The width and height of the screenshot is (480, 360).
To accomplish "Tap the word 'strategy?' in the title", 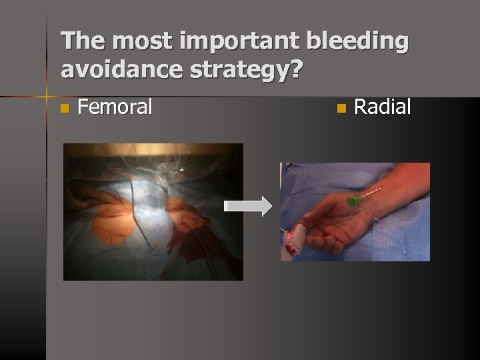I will point(251,69).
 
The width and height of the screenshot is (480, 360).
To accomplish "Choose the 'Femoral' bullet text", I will point(115,107).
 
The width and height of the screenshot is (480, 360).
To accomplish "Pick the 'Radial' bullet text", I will point(382,107).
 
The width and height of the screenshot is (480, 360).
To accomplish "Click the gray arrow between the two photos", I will point(248,207).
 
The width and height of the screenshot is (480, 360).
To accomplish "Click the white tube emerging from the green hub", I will point(370,194).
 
